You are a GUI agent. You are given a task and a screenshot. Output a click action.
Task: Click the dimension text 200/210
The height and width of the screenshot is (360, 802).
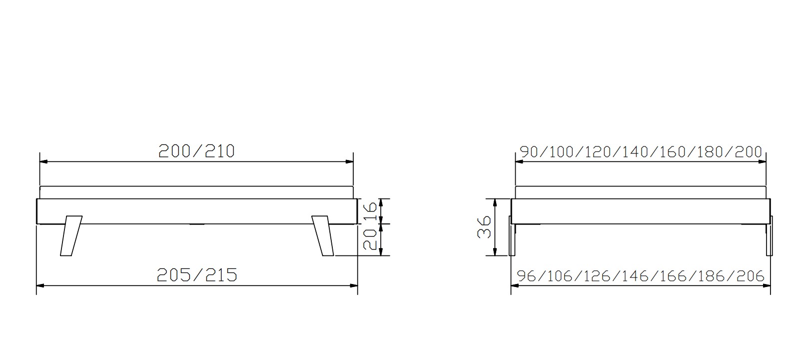(x=196, y=151)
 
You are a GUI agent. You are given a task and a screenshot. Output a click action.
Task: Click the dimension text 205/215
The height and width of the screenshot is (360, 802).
(x=197, y=275)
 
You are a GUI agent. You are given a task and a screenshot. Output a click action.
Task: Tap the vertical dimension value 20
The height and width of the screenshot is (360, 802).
(x=370, y=239)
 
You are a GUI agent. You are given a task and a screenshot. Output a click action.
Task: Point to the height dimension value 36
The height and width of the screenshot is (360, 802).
(x=484, y=226)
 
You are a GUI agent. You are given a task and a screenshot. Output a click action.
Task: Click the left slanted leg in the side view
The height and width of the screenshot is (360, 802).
(x=71, y=235)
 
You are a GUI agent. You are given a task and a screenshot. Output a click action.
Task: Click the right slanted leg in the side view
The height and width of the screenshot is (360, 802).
(x=323, y=235)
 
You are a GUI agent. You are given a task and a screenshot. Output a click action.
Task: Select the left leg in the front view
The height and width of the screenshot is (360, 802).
(x=512, y=235)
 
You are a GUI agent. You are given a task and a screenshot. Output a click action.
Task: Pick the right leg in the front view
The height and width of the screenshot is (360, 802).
(x=769, y=235)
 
